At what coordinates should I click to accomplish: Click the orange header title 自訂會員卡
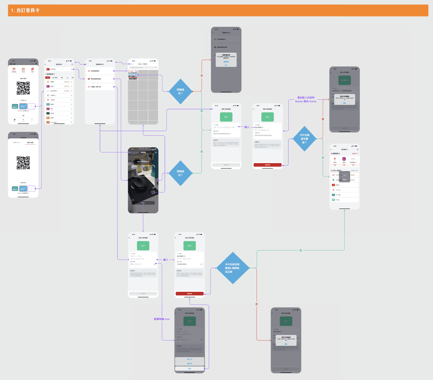coord(25,10)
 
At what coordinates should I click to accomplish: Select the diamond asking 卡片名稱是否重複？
coord(304,139)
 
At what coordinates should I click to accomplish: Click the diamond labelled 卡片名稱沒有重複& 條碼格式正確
coord(232,268)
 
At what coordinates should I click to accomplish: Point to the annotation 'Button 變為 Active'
coord(306,102)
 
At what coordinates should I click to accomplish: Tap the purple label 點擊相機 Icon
coord(162,319)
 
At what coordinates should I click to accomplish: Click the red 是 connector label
coord(323,119)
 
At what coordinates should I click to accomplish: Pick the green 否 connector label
coord(323,158)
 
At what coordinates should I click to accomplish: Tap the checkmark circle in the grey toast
coord(344,175)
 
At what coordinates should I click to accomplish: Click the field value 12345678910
coord(182,264)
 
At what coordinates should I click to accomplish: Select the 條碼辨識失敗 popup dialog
coord(226,60)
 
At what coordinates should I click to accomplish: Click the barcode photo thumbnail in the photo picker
coord(133,75)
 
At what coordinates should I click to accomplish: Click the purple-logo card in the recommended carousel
coord(344,159)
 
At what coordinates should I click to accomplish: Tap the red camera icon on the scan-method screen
coord(89,79)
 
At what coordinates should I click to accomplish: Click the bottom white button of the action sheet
coord(190,368)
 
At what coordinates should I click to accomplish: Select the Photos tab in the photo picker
coord(140,64)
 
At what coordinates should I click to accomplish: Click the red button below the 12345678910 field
coord(190,293)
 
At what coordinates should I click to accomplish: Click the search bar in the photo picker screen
coord(143,68)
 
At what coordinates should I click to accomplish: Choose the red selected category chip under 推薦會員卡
coord(48,78)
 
